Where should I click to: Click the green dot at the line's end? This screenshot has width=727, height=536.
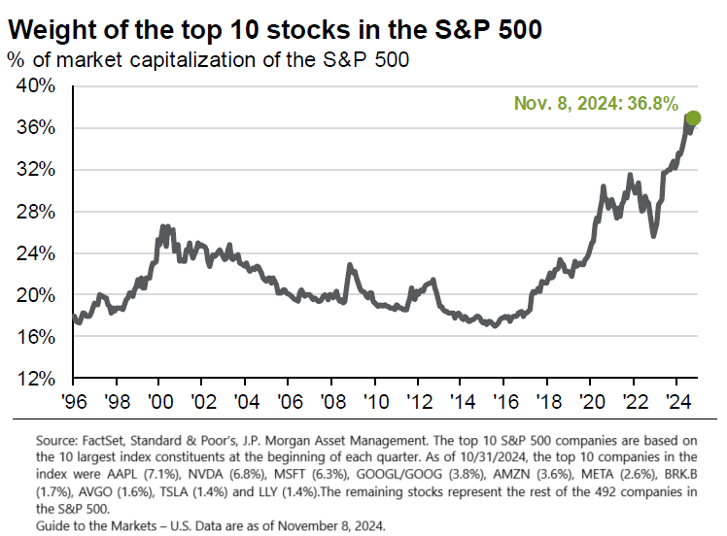[x=693, y=118]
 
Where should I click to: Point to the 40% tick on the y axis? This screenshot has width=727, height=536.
[x=48, y=85]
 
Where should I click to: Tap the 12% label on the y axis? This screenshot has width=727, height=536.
[x=48, y=379]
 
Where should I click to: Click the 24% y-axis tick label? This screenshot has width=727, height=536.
[x=48, y=253]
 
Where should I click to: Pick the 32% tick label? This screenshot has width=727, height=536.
[x=48, y=170]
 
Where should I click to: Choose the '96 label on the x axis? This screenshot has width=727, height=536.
[x=73, y=399]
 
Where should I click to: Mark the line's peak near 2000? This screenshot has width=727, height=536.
[x=162, y=226]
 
